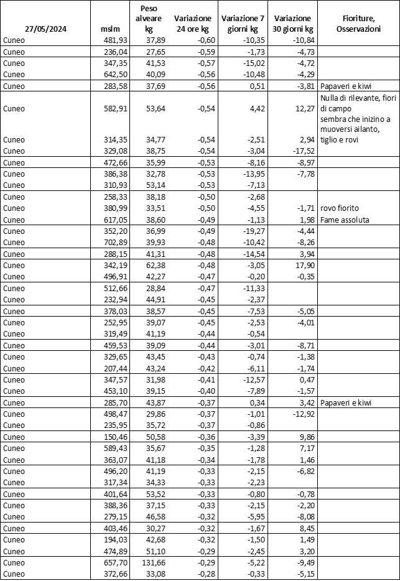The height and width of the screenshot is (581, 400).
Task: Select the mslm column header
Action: point(110,29)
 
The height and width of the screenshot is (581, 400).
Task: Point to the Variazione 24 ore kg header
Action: point(193,24)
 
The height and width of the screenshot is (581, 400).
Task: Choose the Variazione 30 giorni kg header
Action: point(293,24)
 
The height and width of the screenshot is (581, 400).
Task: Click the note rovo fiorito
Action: point(339,208)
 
